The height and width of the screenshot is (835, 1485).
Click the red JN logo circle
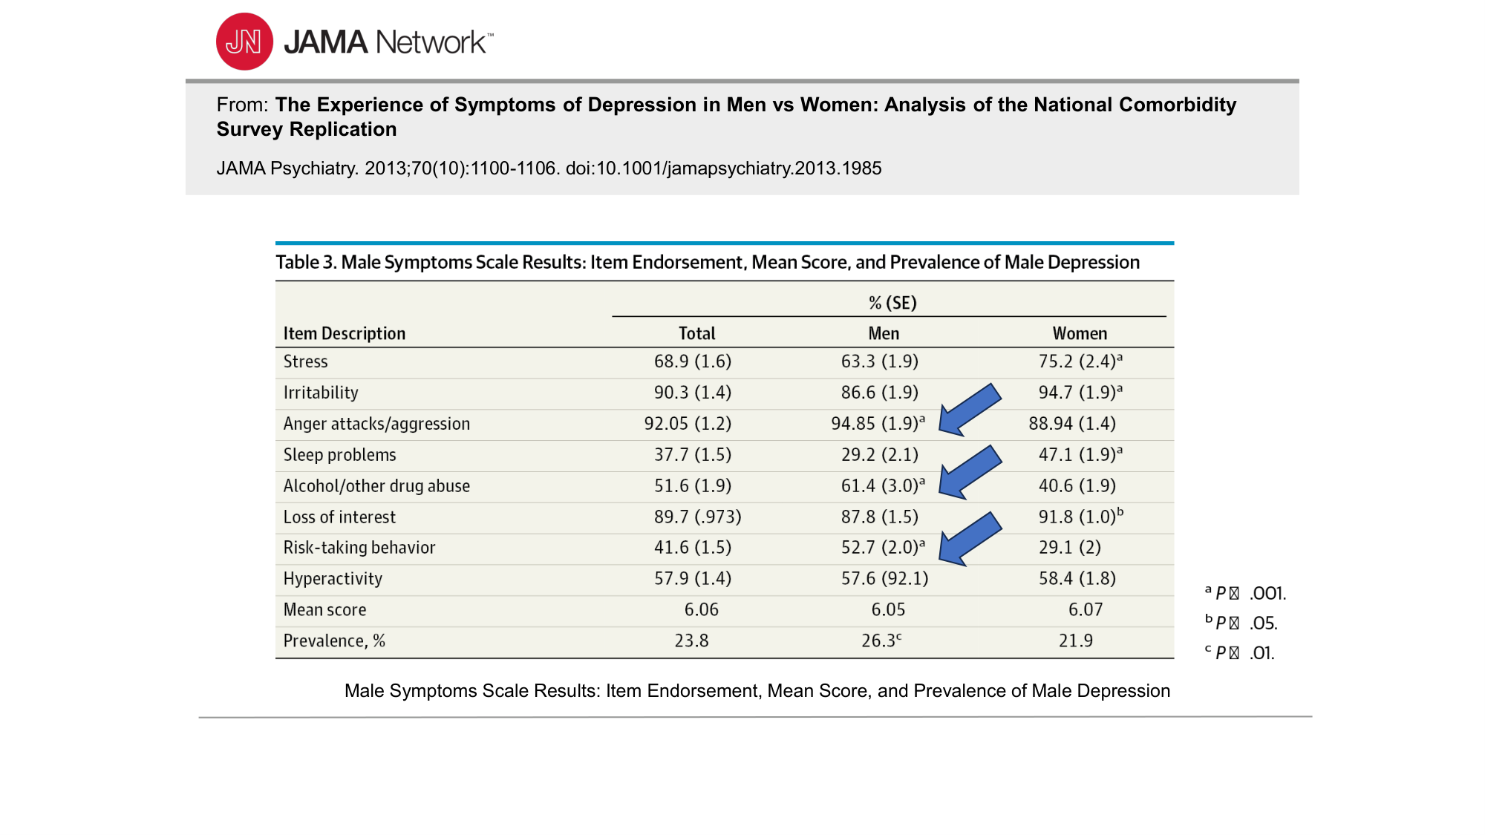[244, 42]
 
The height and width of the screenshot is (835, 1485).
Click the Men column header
[884, 334]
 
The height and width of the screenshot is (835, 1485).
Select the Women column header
[1080, 334]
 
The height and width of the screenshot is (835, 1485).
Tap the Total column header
[696, 334]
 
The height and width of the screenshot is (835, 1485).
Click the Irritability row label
[321, 393]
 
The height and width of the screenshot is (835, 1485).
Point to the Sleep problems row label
[339, 455]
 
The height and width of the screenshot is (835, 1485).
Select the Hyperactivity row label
[333, 579]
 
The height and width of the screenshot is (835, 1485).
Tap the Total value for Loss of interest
[697, 517]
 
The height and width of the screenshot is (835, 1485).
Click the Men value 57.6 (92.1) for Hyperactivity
[884, 579]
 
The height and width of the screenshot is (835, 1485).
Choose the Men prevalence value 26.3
[881, 641]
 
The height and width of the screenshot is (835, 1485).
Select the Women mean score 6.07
[1085, 610]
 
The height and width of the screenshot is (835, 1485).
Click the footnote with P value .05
[1241, 623]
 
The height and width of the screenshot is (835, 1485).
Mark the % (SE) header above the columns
[892, 303]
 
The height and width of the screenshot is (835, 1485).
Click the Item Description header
[345, 334]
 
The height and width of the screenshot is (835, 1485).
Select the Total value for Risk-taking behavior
[692, 548]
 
